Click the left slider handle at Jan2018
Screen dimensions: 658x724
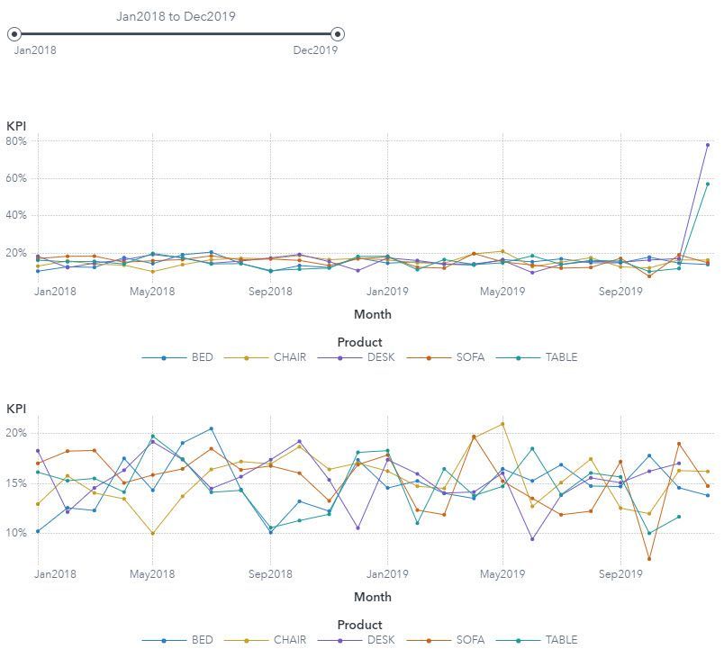[x=14, y=34]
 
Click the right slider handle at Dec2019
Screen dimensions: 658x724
[x=338, y=34]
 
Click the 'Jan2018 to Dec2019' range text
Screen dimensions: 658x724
[x=176, y=16]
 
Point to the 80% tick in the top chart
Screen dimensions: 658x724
[x=17, y=141]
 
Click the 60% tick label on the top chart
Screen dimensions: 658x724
[x=17, y=178]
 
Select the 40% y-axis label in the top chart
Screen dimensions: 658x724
[x=17, y=215]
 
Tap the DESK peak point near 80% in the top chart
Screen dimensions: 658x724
[x=708, y=145]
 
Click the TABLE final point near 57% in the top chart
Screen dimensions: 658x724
[x=708, y=185]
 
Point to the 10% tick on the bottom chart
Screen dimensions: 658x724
[x=17, y=533]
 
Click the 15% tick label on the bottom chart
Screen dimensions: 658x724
[x=17, y=483]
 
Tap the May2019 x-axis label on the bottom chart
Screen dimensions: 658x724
[x=502, y=573]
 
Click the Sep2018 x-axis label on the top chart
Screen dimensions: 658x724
[x=270, y=266]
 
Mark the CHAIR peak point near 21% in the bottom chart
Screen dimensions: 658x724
[x=502, y=424]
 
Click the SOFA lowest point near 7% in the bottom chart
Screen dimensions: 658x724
[x=649, y=559]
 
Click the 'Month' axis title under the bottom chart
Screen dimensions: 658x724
[x=373, y=597]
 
